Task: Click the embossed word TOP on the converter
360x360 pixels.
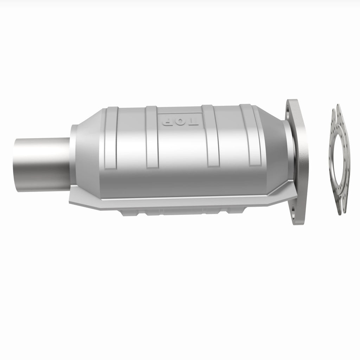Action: point(180,121)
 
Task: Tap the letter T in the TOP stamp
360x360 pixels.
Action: point(193,122)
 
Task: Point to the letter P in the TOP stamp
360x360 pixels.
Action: point(167,121)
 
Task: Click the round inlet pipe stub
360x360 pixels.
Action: point(42,165)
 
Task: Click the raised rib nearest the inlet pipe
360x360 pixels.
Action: point(111,138)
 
